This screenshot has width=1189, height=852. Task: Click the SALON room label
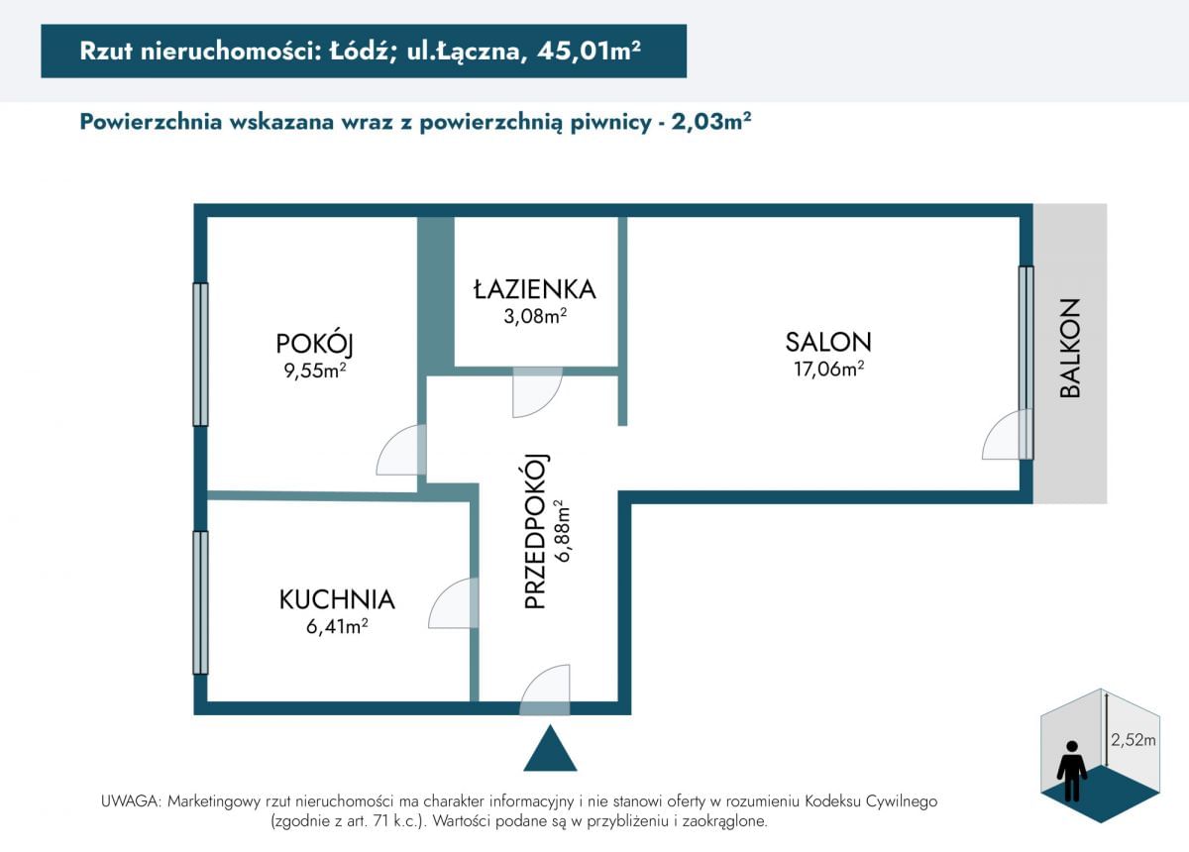coord(828,342)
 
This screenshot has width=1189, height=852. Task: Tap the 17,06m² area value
coord(828,369)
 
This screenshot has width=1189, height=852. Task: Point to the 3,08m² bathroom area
coord(535,316)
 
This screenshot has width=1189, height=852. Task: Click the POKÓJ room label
coord(315,344)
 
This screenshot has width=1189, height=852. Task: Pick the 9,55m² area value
coord(315,370)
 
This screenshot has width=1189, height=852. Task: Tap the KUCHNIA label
coord(337,599)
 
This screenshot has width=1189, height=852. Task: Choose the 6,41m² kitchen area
coord(337,627)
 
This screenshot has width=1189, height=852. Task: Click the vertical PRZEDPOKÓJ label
coord(535,531)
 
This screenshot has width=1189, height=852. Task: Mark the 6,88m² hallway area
coord(562,530)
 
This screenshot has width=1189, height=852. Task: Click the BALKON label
coord(1069,348)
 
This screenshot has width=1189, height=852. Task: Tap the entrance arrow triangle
coord(550,748)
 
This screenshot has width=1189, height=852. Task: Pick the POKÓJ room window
coord(200,354)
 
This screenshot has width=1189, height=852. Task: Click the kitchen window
coord(200,602)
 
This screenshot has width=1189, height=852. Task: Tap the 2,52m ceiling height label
coord(1134,740)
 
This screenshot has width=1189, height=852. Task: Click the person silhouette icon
coord(1072,771)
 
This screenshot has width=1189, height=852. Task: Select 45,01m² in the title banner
coord(589,51)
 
